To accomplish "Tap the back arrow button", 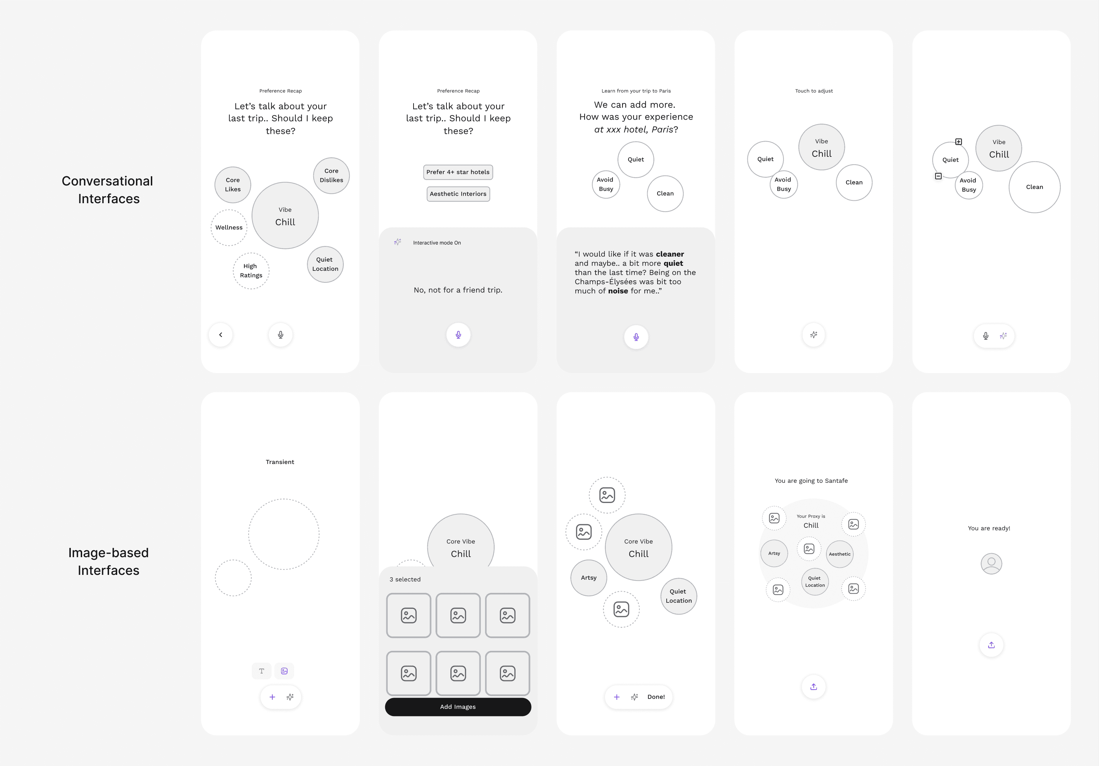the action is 221,335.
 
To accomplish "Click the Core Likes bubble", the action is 233,185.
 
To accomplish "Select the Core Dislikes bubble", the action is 331,176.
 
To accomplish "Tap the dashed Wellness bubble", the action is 229,228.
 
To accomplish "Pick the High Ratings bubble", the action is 251,271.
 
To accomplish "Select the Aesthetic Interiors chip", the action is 458,194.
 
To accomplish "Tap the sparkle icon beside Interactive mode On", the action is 398,242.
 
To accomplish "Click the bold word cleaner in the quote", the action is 670,254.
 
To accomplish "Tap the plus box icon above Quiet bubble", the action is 958,142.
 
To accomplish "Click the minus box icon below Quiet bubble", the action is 938,176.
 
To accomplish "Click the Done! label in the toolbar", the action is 656,697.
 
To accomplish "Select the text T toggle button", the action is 261,671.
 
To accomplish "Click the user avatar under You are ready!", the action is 991,564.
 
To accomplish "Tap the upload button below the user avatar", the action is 991,645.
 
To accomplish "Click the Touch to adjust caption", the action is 814,91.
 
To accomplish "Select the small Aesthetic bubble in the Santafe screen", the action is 839,554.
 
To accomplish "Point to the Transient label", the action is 280,462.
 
